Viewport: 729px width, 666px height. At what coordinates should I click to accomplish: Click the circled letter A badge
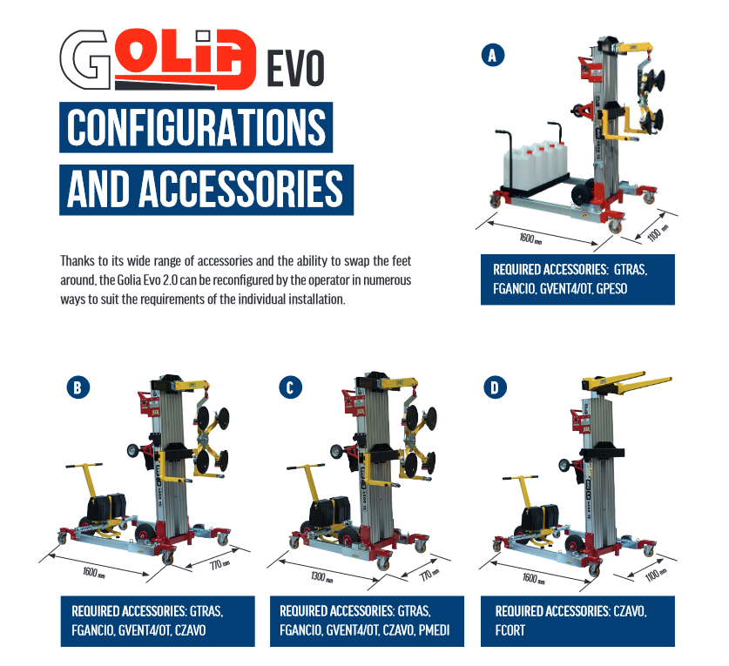click(492, 56)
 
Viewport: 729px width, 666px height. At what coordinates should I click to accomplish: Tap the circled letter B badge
click(78, 387)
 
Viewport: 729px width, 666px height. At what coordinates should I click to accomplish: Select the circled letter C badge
click(290, 387)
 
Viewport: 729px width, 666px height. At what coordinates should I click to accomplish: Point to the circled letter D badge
click(495, 387)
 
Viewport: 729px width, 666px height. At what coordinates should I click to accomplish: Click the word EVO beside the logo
click(295, 68)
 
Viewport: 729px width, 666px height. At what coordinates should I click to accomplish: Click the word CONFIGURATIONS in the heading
click(196, 127)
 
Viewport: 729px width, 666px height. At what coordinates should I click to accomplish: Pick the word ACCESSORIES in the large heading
click(241, 189)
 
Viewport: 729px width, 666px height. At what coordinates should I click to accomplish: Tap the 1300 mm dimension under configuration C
click(321, 577)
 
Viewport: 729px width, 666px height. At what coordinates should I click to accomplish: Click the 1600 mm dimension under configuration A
click(530, 239)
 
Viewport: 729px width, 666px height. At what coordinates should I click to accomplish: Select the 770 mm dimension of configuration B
click(219, 565)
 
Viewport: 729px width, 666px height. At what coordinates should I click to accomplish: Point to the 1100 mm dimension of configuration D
click(656, 575)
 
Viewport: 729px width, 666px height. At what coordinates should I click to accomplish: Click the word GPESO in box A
click(611, 289)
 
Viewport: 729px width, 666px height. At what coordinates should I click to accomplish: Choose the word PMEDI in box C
click(434, 630)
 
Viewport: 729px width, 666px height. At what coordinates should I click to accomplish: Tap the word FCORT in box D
click(510, 630)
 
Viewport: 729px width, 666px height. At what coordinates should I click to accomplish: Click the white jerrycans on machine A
click(536, 166)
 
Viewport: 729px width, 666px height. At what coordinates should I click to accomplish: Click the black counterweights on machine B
click(107, 508)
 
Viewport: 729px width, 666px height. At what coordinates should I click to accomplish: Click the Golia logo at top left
click(158, 59)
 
